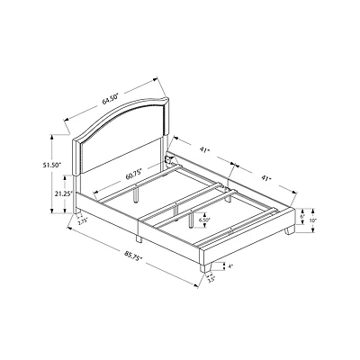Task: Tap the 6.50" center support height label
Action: click(x=205, y=219)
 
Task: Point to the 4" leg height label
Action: click(x=230, y=265)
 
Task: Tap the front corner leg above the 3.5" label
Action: click(x=208, y=265)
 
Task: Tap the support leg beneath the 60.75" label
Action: click(x=134, y=193)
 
